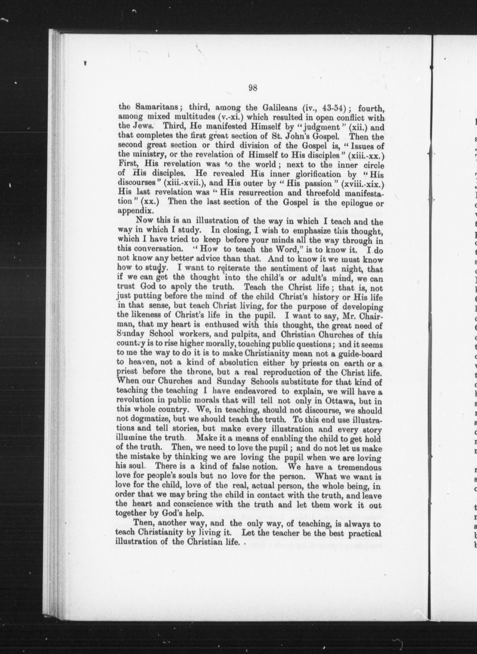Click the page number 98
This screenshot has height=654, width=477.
coord(253,88)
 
